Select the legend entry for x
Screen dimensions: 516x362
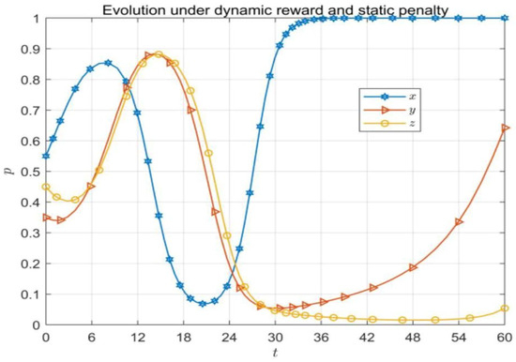(x=389, y=97)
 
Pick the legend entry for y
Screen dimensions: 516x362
(x=389, y=110)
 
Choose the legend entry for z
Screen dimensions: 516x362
(x=389, y=124)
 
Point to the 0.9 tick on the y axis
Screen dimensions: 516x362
(x=30, y=50)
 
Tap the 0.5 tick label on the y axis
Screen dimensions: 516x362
(x=30, y=172)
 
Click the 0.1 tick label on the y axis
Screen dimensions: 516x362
(x=30, y=294)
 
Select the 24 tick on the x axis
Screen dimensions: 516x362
(x=229, y=338)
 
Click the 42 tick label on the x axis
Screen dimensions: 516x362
(x=367, y=338)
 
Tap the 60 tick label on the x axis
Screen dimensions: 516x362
(x=505, y=338)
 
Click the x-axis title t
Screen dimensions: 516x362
(x=275, y=353)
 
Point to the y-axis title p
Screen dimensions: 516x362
(x=11, y=171)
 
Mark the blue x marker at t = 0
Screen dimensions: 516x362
(x=46, y=156)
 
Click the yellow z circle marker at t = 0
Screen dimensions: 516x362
(x=46, y=187)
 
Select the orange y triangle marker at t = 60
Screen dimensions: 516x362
(x=506, y=128)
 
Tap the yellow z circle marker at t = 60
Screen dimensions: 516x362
(x=505, y=309)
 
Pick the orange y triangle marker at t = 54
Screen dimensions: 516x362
(x=459, y=222)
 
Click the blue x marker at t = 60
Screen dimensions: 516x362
(x=505, y=18)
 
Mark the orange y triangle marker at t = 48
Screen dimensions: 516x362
(x=413, y=267)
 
